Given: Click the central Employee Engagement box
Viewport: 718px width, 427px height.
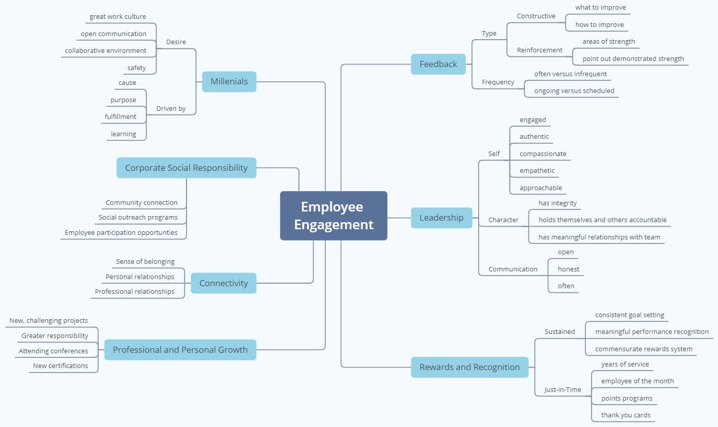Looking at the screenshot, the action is [x=333, y=216].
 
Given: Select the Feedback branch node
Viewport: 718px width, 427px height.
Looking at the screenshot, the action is [x=438, y=64].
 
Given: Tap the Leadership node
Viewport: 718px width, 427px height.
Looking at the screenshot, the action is [x=442, y=218].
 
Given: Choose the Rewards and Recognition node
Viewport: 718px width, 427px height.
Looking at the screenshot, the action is [x=470, y=367].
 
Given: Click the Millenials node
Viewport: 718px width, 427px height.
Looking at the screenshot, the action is [x=229, y=81].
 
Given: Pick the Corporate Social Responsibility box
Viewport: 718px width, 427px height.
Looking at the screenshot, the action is [x=186, y=168].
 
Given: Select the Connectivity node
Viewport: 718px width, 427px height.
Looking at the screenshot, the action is [x=224, y=283].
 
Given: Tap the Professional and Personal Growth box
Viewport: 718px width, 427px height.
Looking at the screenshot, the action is [x=180, y=350].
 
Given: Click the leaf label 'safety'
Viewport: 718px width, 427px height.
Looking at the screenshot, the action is [x=137, y=68].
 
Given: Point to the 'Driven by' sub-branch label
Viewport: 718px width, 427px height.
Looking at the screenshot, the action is [x=171, y=109].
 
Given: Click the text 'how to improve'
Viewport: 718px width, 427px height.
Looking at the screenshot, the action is [x=600, y=25].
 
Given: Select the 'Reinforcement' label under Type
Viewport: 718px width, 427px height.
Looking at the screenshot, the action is [x=540, y=50].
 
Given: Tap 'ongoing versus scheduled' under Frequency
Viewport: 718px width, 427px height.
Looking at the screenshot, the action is [x=574, y=90].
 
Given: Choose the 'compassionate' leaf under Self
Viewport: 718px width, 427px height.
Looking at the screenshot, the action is [x=543, y=154].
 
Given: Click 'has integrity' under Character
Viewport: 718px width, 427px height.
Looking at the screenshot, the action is [x=557, y=203].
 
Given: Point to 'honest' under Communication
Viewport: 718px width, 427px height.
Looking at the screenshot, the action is [x=568, y=269].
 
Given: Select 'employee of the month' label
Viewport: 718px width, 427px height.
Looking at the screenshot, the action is [x=637, y=381].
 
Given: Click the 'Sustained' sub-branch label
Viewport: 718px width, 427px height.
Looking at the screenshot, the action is [x=559, y=331].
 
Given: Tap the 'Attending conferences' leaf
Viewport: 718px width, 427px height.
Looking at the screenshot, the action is [x=53, y=351].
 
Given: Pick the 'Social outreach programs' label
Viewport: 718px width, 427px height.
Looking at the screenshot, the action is [x=138, y=218].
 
